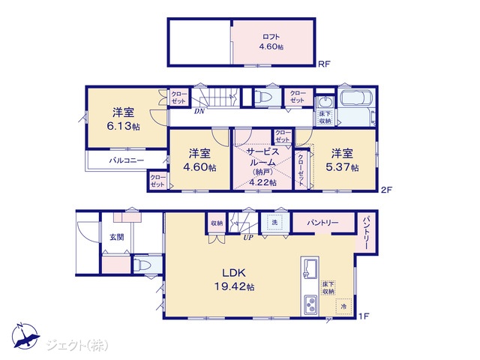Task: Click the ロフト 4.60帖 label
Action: [271, 42]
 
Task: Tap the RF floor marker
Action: [324, 64]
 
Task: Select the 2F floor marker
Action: [386, 190]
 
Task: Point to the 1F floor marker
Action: [364, 316]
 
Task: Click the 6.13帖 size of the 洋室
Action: [123, 126]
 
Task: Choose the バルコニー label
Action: [127, 160]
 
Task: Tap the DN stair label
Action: [199, 112]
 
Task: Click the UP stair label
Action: [248, 237]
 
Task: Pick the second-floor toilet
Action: [263, 97]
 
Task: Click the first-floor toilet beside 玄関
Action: [142, 265]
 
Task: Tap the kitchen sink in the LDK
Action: [310, 268]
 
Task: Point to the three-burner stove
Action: [310, 305]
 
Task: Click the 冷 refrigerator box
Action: [343, 306]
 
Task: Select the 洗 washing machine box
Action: [274, 223]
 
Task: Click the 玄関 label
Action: [117, 237]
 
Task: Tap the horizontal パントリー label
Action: [323, 223]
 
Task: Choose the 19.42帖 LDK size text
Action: [234, 286]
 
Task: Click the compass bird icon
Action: [25, 336]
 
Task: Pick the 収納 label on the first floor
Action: [217, 223]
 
